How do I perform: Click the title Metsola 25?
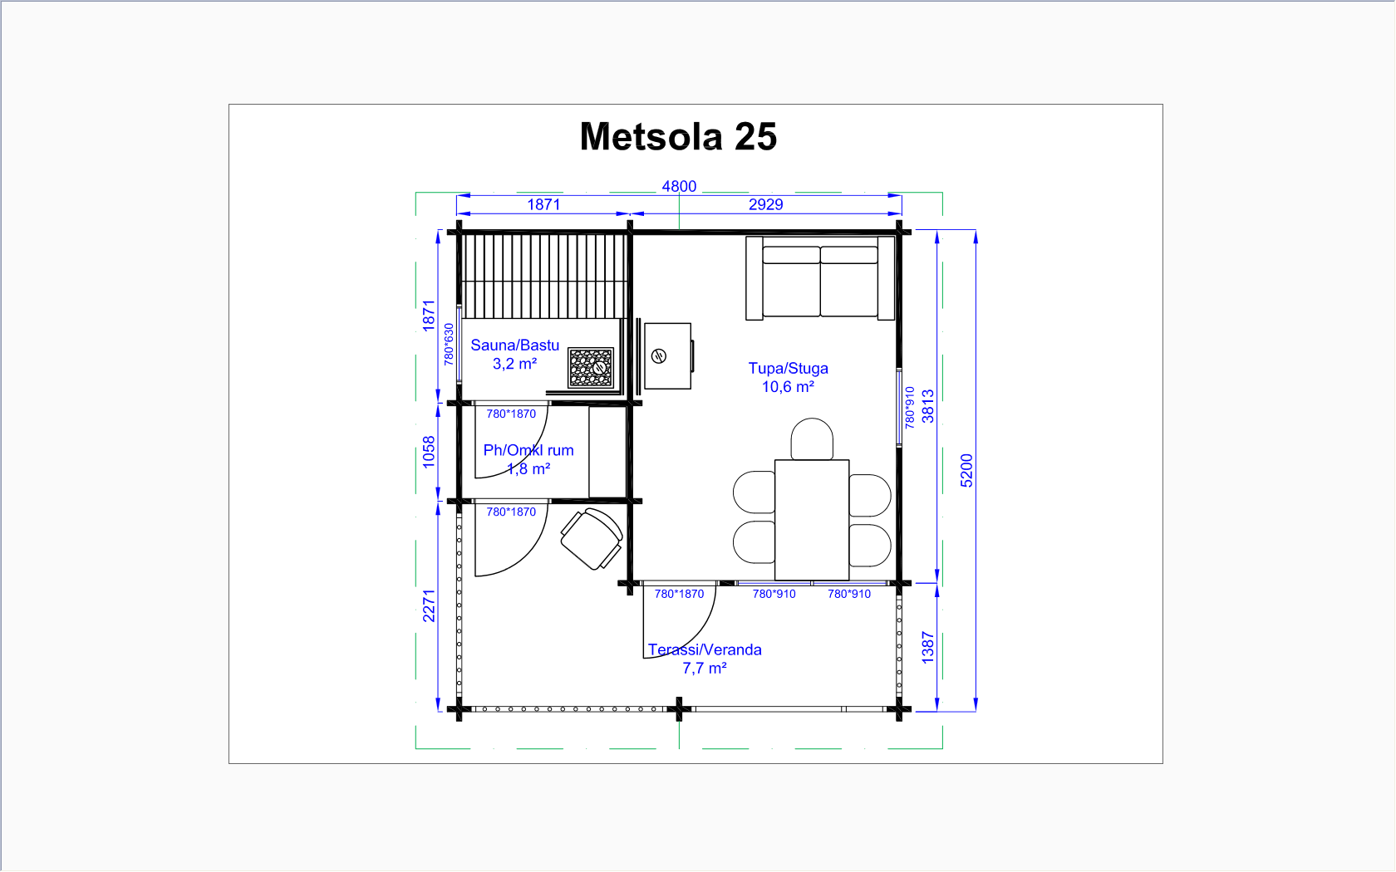[678, 136]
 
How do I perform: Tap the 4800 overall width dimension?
[679, 186]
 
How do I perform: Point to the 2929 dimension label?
[765, 204]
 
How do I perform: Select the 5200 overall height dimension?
[966, 471]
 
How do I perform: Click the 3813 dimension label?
[928, 406]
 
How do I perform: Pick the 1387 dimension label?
[928, 648]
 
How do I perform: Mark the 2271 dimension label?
[429, 605]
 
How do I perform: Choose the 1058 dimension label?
[429, 452]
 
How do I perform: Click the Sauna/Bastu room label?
[515, 345]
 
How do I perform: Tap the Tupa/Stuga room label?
[788, 368]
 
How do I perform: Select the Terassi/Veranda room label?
[705, 649]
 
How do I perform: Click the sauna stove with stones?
[591, 367]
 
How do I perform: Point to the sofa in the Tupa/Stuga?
[820, 277]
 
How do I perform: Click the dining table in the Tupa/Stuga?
[811, 520]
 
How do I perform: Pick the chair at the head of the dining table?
[811, 439]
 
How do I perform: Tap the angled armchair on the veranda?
[592, 539]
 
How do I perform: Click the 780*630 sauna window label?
[449, 344]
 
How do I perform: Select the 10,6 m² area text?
[788, 387]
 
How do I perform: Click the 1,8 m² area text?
[528, 468]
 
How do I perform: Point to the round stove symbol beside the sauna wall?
[659, 356]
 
